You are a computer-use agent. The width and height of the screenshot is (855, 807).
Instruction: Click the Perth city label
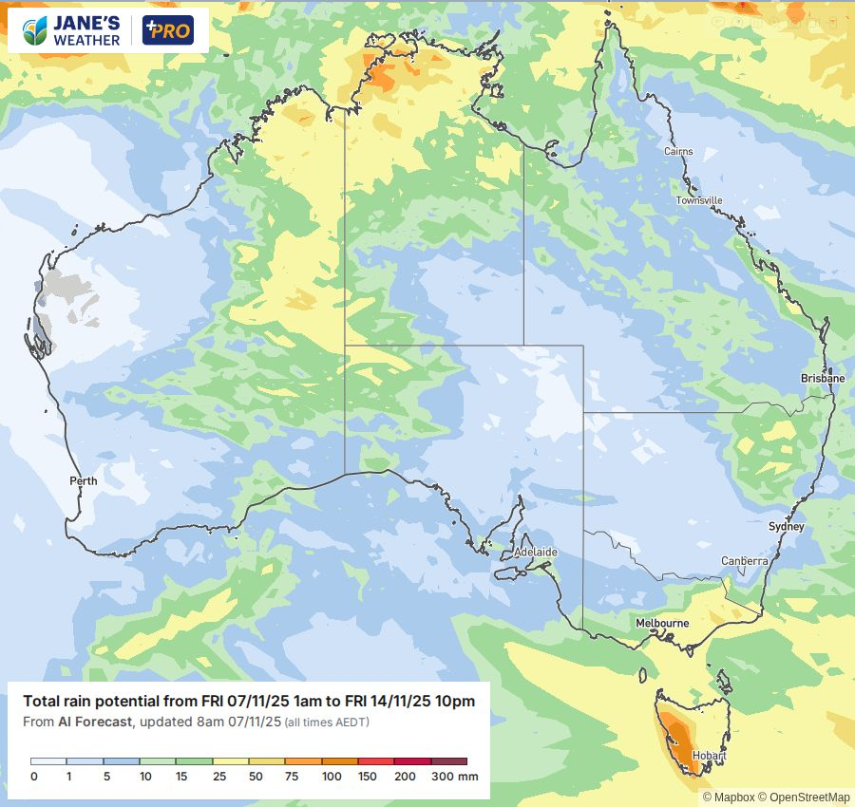(84, 481)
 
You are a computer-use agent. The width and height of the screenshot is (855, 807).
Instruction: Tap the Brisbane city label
(822, 378)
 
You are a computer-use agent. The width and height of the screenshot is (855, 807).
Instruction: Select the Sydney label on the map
(786, 527)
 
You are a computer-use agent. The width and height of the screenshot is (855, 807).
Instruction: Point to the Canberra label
(744, 561)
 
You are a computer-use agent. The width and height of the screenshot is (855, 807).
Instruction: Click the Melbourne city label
(662, 623)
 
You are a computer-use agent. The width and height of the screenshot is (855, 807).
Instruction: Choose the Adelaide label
(535, 552)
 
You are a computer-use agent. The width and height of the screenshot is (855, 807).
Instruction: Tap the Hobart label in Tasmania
(710, 756)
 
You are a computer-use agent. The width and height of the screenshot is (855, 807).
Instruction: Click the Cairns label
(678, 152)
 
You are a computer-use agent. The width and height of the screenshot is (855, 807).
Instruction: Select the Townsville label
(699, 200)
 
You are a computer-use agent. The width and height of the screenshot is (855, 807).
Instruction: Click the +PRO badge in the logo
(167, 30)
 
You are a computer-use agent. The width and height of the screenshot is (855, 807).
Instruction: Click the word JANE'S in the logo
(87, 23)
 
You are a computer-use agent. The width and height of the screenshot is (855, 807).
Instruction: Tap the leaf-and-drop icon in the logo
(35, 30)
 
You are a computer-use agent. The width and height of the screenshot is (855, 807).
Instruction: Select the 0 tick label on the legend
(33, 777)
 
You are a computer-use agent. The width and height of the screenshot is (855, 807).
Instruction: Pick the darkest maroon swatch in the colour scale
(449, 761)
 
